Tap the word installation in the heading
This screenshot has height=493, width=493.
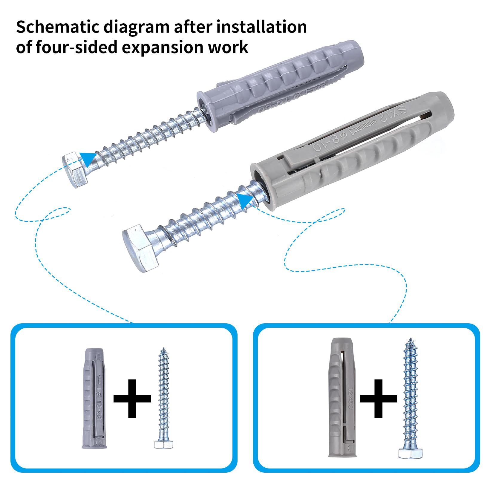point(261,27)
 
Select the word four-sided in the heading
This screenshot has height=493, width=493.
point(76,47)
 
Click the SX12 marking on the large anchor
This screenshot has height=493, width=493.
point(394,114)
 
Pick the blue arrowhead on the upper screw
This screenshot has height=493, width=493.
point(88,158)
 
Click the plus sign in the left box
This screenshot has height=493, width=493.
point(132,398)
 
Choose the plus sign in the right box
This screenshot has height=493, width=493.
point(378,398)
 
